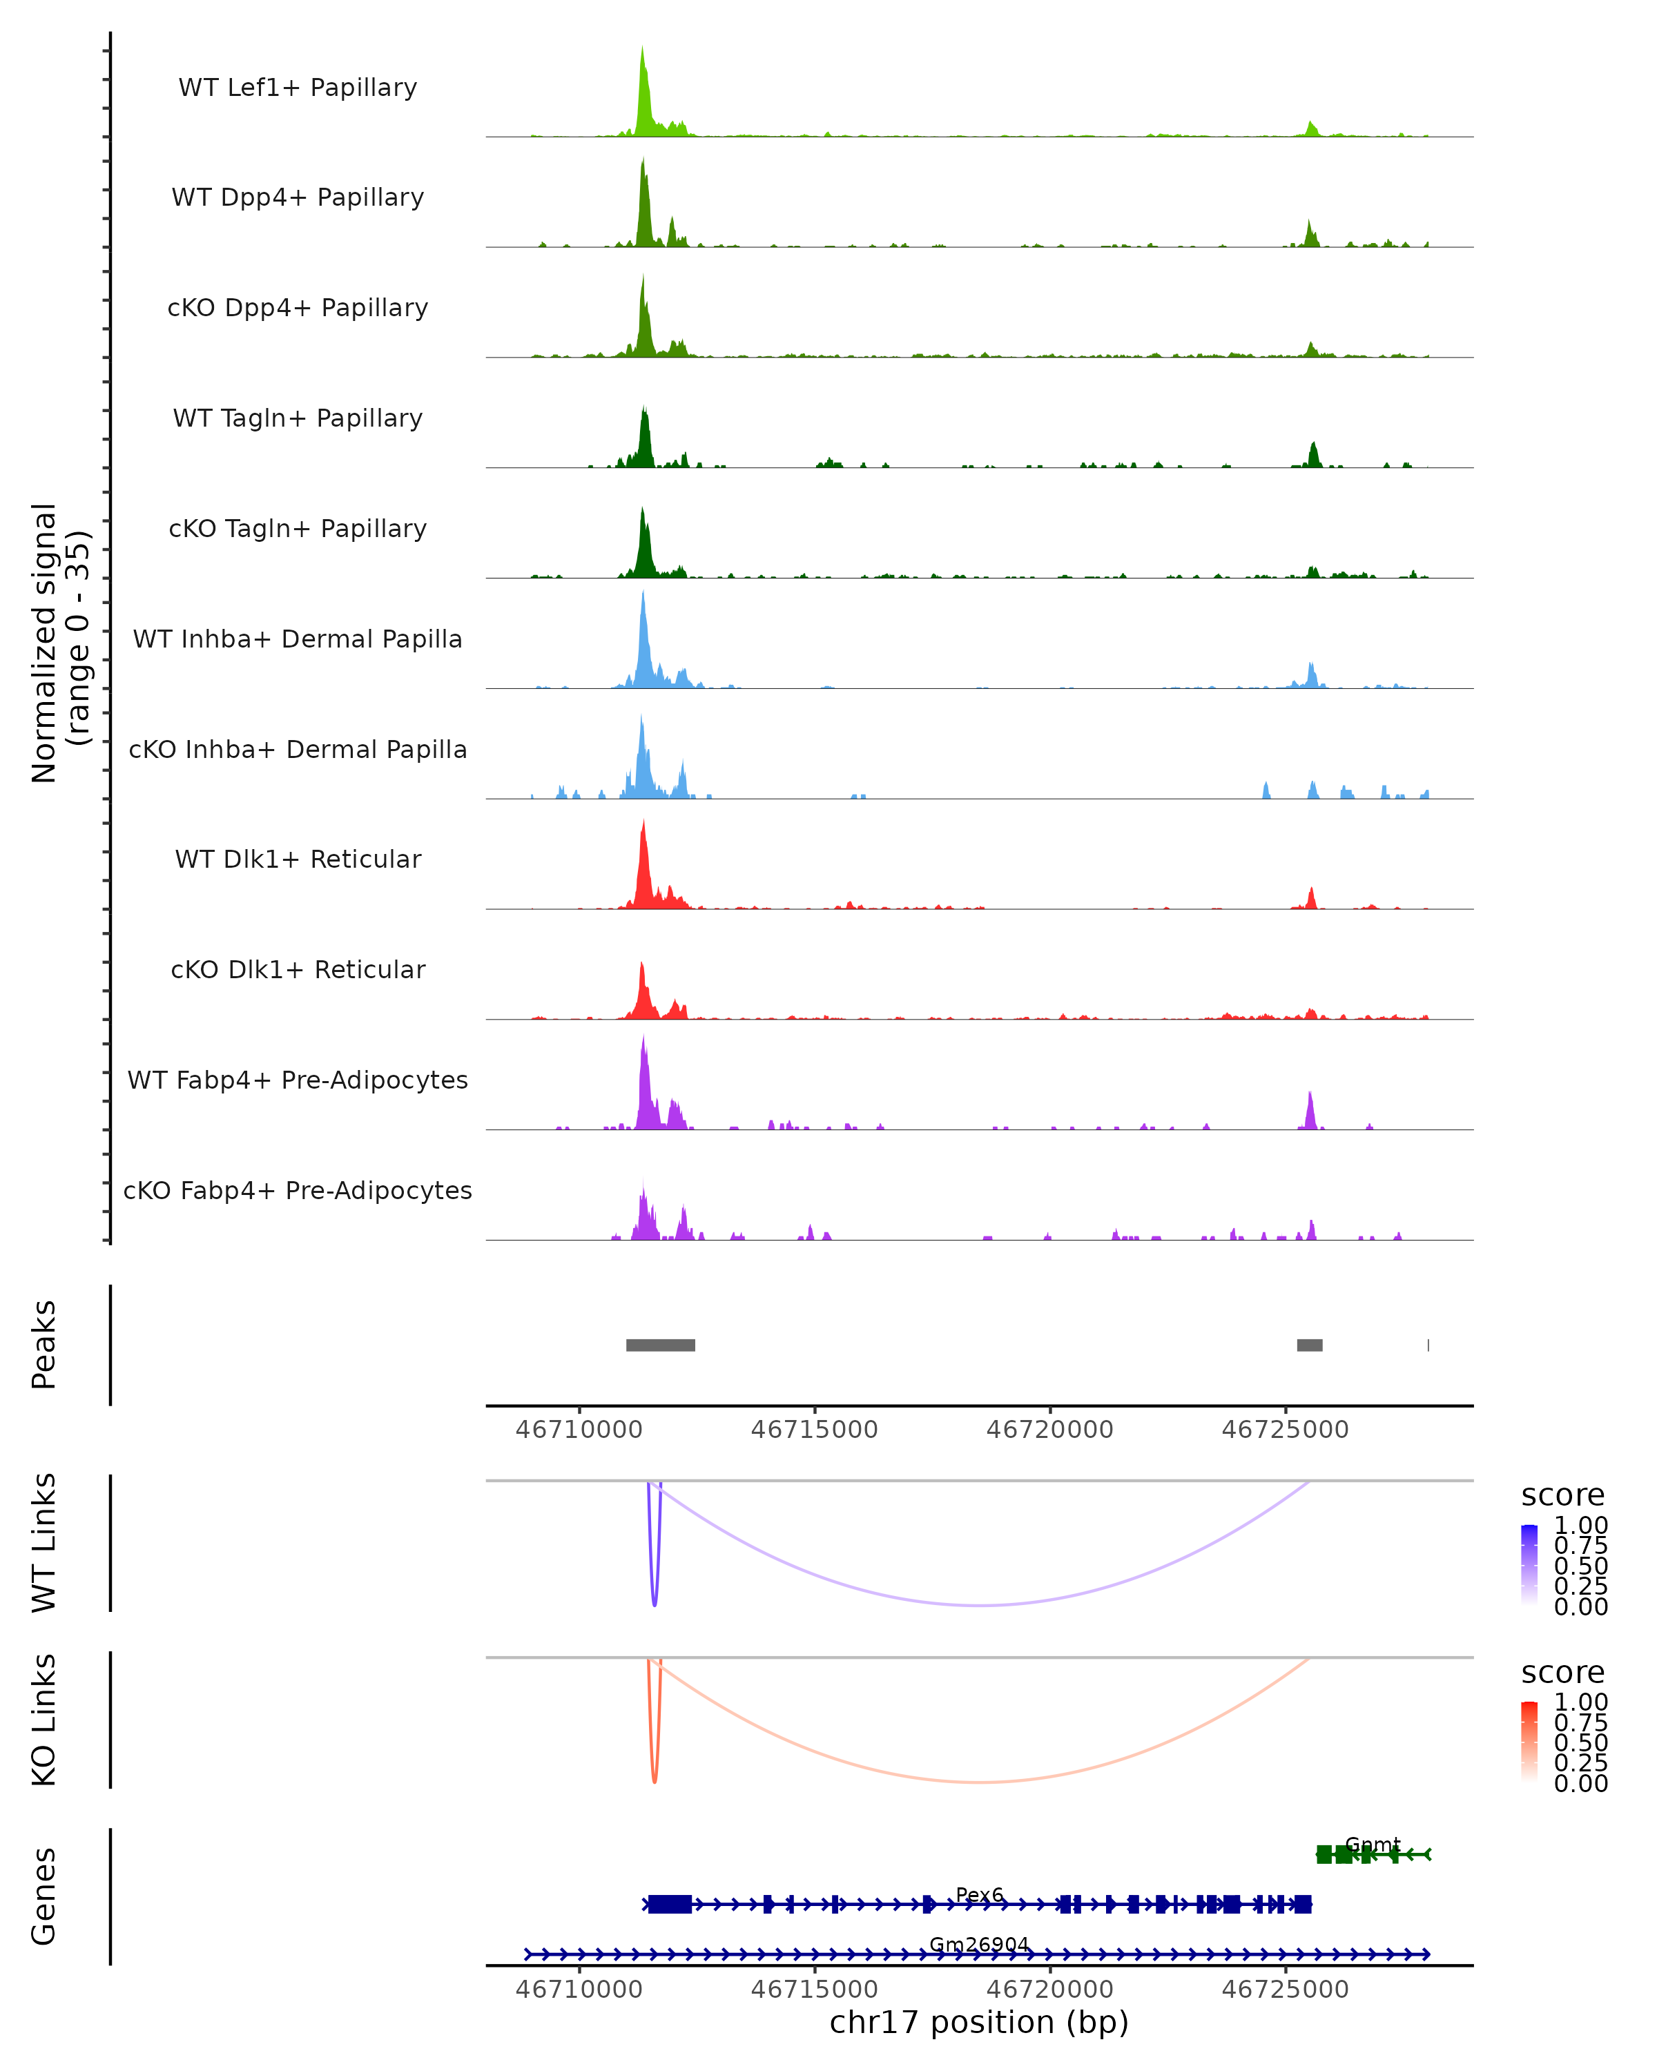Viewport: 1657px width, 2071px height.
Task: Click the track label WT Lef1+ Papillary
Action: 298,88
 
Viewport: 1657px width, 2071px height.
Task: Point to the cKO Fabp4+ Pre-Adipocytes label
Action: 298,1190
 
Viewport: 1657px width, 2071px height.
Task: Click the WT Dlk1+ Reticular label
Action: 298,859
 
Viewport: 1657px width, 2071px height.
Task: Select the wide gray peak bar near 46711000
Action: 661,1345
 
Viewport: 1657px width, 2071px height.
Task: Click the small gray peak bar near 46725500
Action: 1309,1345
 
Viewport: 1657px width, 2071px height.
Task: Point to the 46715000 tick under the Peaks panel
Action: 815,1430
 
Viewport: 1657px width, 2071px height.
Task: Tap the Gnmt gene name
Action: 1373,1845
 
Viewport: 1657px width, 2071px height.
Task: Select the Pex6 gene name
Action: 980,1895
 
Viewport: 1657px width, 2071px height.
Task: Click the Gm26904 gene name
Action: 979,1944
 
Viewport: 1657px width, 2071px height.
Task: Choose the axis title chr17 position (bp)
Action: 979,2022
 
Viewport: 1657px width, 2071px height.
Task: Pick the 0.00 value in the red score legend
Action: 1581,1783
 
